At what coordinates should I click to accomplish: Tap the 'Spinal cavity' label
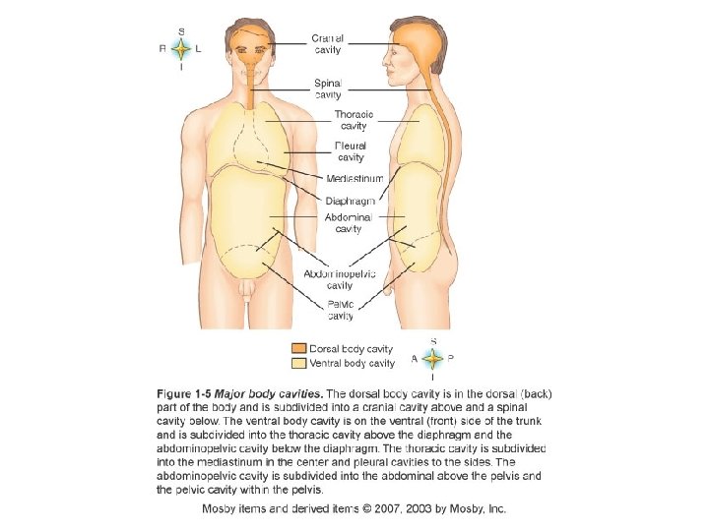tap(328, 89)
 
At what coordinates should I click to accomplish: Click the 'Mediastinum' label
tap(354, 178)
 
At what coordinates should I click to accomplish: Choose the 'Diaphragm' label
tap(350, 202)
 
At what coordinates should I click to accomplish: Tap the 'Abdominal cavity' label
tap(349, 222)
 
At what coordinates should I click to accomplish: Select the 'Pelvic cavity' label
tap(341, 311)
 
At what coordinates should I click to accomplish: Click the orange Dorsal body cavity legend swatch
tap(297, 348)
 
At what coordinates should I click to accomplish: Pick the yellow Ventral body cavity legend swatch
tap(297, 363)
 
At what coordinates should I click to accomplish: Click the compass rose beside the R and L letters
tap(181, 48)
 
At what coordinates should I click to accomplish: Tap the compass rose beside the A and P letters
tap(433, 359)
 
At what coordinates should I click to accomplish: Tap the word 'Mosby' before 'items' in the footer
tap(221, 508)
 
